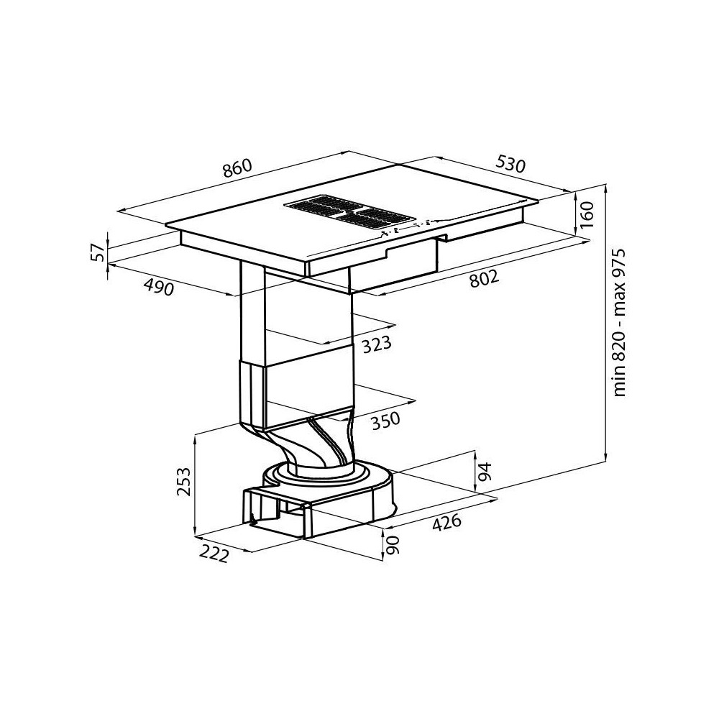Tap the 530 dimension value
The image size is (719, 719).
pyautogui.click(x=510, y=165)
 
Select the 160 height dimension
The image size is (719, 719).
pyautogui.click(x=588, y=214)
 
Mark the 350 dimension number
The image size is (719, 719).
pyautogui.click(x=385, y=419)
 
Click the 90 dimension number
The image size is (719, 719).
pyautogui.click(x=391, y=544)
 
